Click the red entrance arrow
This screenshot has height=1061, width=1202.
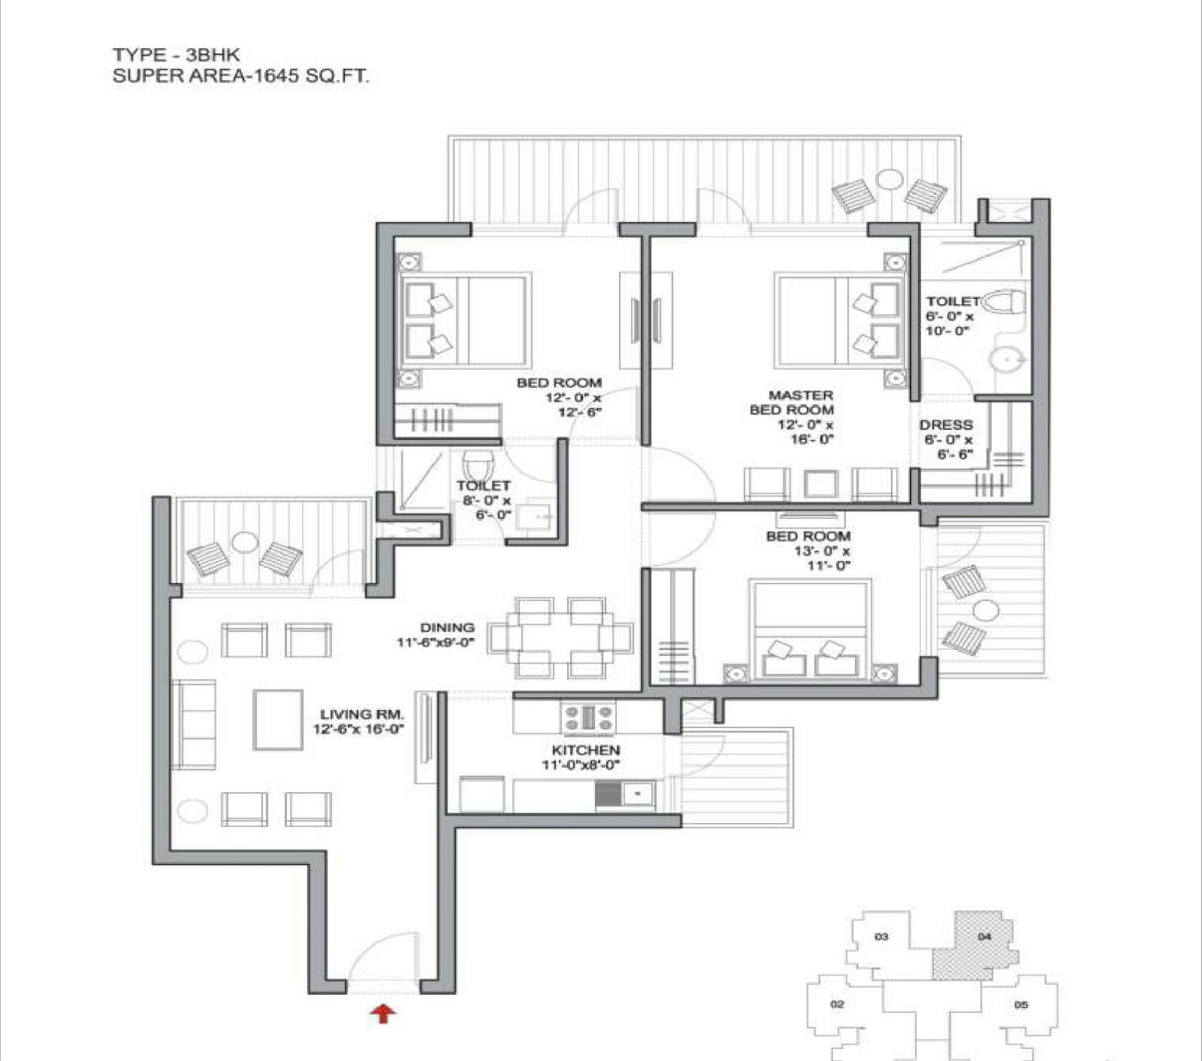click(383, 1014)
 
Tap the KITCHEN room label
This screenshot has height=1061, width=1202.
click(586, 750)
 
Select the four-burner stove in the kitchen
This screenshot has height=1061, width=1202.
click(588, 718)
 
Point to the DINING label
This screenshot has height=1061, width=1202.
click(447, 627)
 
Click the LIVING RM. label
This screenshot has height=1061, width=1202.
click(362, 714)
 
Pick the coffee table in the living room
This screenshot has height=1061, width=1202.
click(278, 719)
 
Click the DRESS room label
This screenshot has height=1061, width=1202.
click(946, 425)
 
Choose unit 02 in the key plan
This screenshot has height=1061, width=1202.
click(837, 1004)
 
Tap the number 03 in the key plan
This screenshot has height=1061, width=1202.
click(881, 937)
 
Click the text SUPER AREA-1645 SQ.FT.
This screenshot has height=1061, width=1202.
click(241, 75)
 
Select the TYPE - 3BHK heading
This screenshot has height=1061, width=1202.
click(176, 54)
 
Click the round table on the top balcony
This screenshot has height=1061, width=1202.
click(890, 179)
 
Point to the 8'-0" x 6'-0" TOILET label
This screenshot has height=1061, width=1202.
click(484, 500)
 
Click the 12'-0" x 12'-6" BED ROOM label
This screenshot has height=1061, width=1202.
click(560, 397)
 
